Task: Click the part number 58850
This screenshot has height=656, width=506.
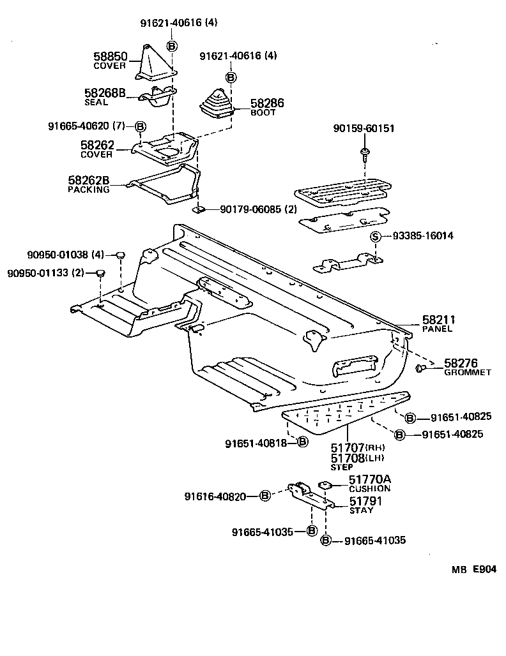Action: pos(110,57)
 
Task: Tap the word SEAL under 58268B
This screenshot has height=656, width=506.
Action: pos(96,102)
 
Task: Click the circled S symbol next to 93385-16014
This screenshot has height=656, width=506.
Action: pos(376,236)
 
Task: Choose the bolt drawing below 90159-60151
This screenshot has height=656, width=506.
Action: pos(364,153)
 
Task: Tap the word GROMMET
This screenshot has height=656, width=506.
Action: pos(468,372)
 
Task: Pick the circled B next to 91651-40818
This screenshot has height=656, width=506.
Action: pos(303,442)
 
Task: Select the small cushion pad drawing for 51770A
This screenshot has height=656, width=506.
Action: pos(325,484)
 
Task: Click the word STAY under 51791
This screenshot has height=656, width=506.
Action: pos(362,511)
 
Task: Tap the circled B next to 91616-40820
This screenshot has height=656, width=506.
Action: pos(266,496)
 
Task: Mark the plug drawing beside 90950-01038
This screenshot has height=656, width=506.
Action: pos(119,255)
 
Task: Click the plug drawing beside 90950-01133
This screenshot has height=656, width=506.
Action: pos(99,274)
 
